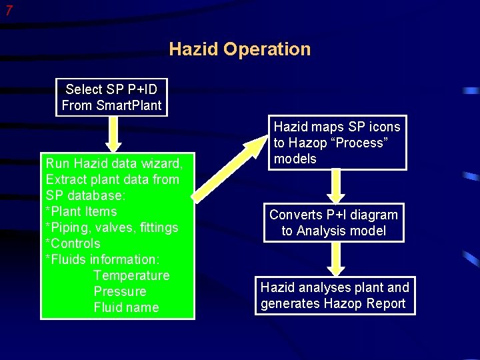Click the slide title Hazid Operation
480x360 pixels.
pos(240,49)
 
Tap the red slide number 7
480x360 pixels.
pos(9,11)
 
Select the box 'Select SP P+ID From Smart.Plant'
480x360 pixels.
pos(111,97)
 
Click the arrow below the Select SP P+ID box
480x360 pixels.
pos(114,136)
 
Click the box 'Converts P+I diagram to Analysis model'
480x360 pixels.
pos(333,223)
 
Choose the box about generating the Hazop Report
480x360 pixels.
pos(334,295)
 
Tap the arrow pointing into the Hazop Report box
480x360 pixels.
pos(336,259)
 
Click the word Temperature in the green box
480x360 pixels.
pos(131,275)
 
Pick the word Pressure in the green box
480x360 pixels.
pos(120,291)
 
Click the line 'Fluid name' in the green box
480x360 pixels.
pos(126,307)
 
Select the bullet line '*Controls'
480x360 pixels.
pos(73,243)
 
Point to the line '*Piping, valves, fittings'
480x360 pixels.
pos(112,227)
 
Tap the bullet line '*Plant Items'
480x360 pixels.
pos(81,211)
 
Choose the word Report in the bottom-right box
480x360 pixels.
pos(381,303)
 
